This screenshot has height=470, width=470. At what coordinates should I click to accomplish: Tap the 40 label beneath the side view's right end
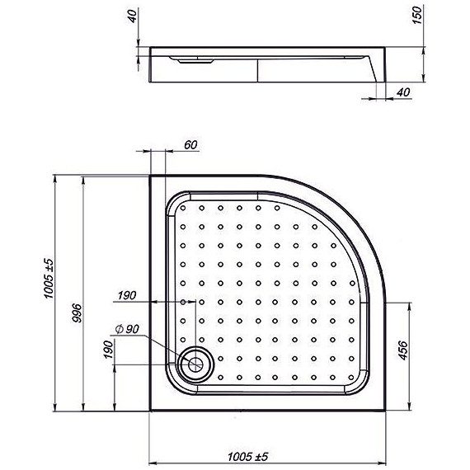pyautogui.click(x=402, y=93)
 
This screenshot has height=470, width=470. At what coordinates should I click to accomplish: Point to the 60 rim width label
pyautogui.click(x=190, y=145)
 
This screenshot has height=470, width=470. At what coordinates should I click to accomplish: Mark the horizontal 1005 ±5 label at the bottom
pyautogui.click(x=247, y=455)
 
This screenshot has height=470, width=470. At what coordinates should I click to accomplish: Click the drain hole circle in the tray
pyautogui.click(x=196, y=361)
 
